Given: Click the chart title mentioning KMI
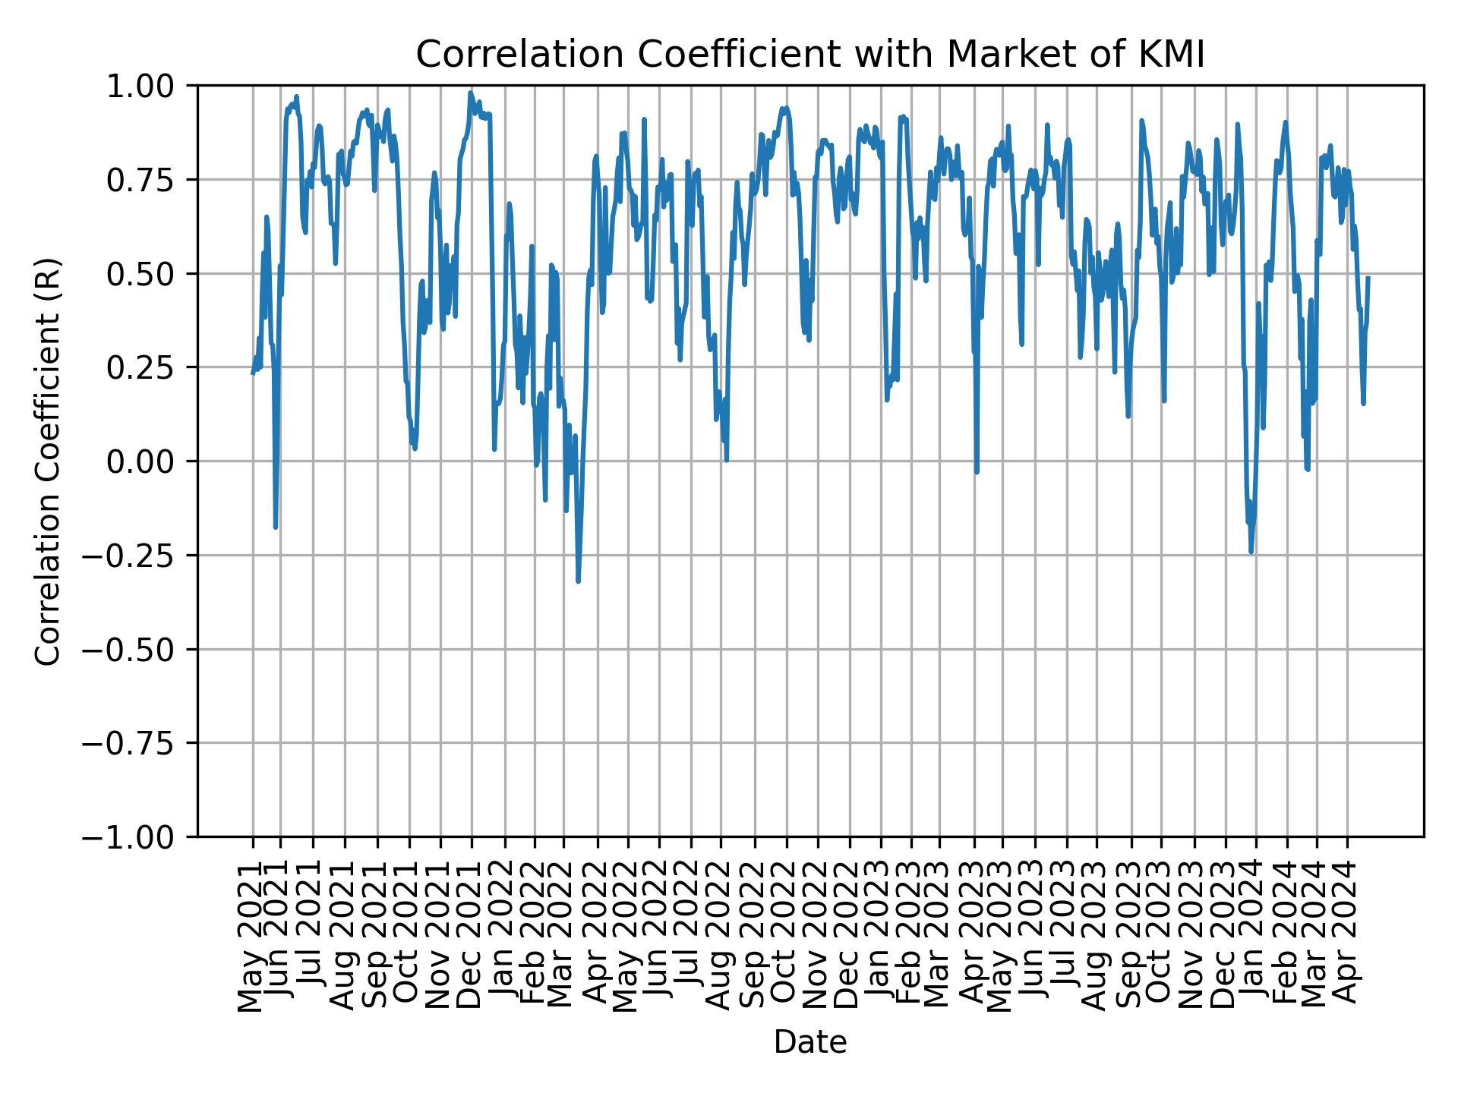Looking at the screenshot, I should click(x=809, y=55).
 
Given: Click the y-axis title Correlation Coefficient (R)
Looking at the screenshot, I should click(x=48, y=461).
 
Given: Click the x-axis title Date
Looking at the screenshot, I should click(x=809, y=1042).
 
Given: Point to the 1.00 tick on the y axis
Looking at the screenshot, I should click(x=150, y=86).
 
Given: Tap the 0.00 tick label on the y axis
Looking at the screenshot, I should click(x=150, y=461).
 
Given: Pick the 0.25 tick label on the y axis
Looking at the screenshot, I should click(x=150, y=367).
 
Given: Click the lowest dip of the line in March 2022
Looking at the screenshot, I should click(x=578, y=581).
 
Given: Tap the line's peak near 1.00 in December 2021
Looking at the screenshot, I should click(x=471, y=93).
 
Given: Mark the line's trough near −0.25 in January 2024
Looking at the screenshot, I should click(x=1251, y=553).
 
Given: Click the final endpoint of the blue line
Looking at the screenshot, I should click(x=1368, y=278).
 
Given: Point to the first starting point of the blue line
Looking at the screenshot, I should click(x=253, y=373).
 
